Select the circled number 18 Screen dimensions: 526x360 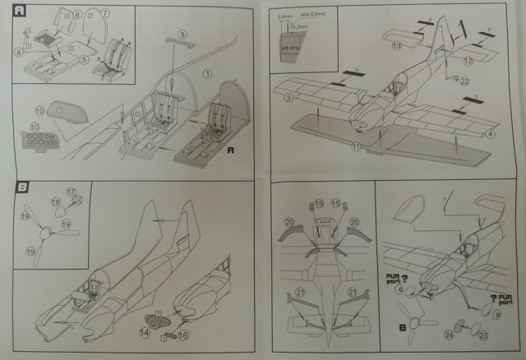click(x=55, y=201)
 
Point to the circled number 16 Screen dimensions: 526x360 click(x=183, y=335)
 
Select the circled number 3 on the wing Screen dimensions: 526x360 click(x=288, y=99)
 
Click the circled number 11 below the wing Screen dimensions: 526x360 click(x=356, y=146)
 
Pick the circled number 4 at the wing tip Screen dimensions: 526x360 click(x=491, y=133)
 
